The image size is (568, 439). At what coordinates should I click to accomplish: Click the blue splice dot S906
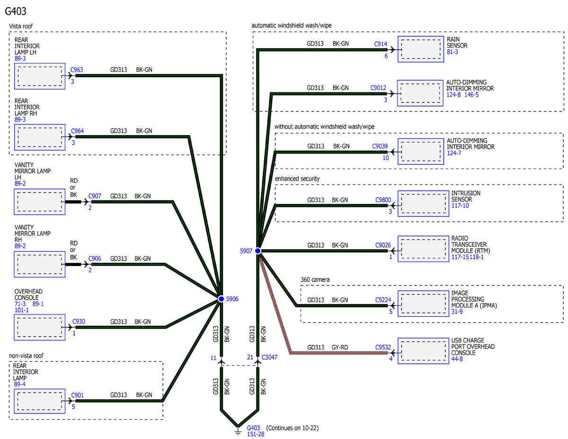[x=221, y=299]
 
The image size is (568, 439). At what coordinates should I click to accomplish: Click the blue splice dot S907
[x=258, y=251]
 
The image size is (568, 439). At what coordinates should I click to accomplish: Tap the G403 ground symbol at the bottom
[x=238, y=431]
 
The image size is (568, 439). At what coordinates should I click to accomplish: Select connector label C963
[x=77, y=70]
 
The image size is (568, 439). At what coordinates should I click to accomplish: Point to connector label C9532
[x=383, y=347]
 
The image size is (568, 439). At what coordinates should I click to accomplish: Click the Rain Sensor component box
[x=421, y=49]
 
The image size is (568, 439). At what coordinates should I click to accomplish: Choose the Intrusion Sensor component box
[x=423, y=204]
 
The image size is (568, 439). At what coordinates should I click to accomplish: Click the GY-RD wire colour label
[x=340, y=347]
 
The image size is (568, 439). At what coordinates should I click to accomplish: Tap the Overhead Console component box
[x=39, y=327]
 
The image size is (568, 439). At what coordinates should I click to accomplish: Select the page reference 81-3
[x=452, y=52]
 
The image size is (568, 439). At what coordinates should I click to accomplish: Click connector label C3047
[x=269, y=357]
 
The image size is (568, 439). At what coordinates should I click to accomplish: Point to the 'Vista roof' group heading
[x=21, y=26]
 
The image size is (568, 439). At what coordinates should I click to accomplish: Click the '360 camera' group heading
[x=315, y=279]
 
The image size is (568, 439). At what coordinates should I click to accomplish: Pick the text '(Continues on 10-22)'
[x=292, y=428]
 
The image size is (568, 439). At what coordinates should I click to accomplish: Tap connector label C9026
[x=383, y=245]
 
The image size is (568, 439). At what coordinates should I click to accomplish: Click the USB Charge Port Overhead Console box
[x=423, y=351]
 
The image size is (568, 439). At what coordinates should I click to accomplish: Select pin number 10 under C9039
[x=386, y=158]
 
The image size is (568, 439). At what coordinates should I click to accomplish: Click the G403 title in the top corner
[x=16, y=11]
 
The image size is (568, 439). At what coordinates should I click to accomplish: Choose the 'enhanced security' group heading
[x=297, y=179]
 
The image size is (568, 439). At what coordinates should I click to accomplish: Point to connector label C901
[x=77, y=395]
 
